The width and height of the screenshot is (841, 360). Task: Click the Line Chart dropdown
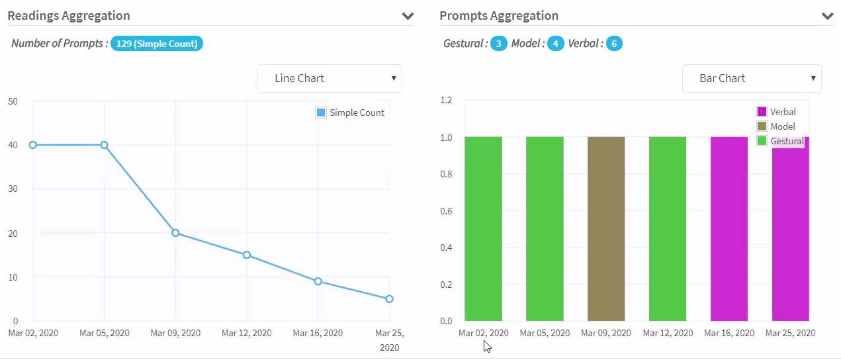[x=330, y=78]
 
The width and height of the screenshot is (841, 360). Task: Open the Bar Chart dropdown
[x=751, y=78]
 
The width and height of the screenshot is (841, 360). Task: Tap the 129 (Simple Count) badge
[x=157, y=44]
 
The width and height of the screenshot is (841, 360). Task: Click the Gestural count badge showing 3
[x=498, y=44]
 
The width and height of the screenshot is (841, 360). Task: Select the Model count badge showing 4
[x=555, y=44]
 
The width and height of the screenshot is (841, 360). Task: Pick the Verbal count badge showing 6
[x=614, y=44]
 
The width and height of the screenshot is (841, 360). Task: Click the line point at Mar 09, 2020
[x=175, y=233]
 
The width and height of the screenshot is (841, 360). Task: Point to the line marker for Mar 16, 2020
[x=318, y=281]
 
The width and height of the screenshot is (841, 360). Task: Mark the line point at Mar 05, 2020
[x=105, y=145]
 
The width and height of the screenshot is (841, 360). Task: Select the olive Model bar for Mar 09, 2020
[x=606, y=228]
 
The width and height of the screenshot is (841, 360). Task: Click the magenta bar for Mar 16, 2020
[x=729, y=228]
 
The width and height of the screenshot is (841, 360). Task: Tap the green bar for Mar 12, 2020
[x=668, y=228]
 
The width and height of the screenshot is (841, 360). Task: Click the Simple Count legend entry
[x=351, y=112]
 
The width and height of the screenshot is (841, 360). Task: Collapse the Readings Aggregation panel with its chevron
[x=408, y=16]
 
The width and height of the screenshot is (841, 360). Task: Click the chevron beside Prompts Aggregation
[x=827, y=16]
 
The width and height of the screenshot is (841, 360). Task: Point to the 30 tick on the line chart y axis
[x=13, y=189]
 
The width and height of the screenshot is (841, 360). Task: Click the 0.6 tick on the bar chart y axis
[x=447, y=211]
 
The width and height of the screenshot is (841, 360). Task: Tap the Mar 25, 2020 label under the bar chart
[x=790, y=333]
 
